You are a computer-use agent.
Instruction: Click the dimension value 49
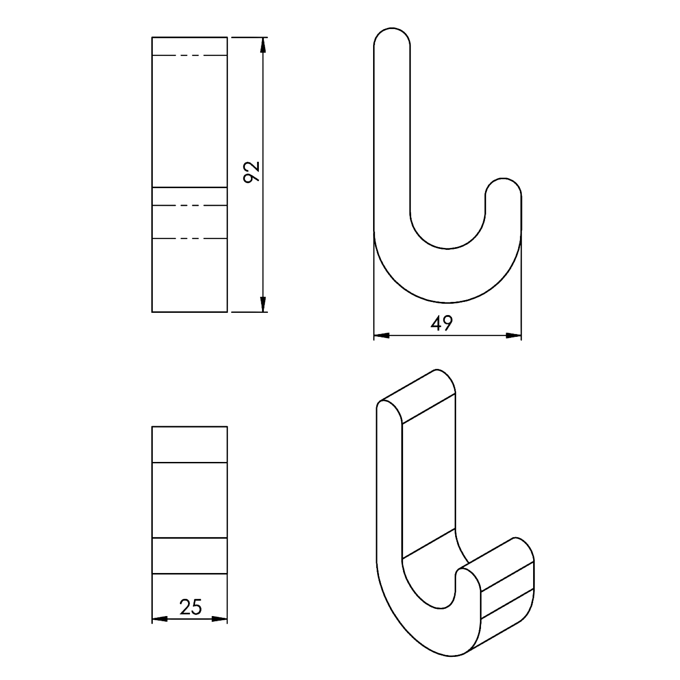click(x=442, y=323)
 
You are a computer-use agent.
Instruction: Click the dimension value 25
click(x=190, y=607)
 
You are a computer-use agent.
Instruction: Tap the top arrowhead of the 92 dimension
click(x=262, y=45)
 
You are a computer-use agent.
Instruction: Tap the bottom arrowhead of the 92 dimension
click(x=262, y=304)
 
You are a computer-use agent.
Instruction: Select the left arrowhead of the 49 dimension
click(x=382, y=336)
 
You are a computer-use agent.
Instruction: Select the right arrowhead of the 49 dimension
click(x=513, y=336)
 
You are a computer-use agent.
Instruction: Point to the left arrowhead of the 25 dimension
click(x=160, y=619)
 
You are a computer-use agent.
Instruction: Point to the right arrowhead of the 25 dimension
click(x=219, y=619)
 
